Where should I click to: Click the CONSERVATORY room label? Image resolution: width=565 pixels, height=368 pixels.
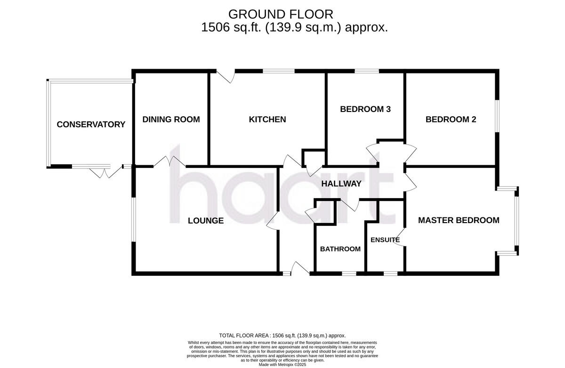point(91,125)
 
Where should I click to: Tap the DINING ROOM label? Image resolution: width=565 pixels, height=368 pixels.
point(171,120)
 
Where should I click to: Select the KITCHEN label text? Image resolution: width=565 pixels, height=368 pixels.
point(267,120)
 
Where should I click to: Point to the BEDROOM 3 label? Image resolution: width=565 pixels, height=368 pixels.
point(365,109)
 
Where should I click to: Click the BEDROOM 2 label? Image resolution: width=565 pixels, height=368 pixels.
point(451,120)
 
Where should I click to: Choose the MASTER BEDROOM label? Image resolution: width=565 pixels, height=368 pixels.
point(459,220)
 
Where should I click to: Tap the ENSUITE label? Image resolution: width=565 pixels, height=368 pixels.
point(385,240)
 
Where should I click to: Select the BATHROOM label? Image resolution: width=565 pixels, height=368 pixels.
point(340,249)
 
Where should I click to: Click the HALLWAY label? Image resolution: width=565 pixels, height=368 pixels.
point(341,184)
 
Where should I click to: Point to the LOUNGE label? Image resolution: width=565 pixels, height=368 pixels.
point(206,220)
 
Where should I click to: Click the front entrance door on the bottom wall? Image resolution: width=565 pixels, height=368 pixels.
point(299,270)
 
